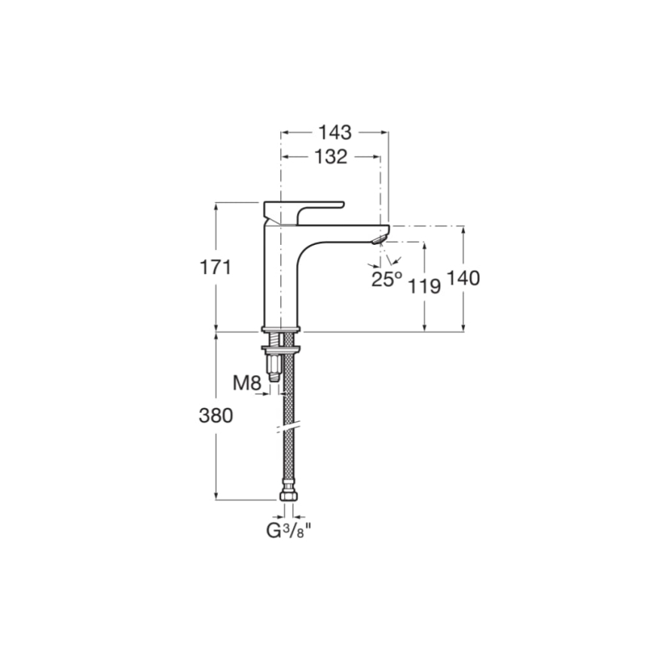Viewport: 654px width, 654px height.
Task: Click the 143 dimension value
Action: click(335, 133)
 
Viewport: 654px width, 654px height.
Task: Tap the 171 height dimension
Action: click(215, 267)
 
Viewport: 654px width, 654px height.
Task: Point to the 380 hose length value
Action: click(215, 415)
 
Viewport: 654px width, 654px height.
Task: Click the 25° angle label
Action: click(387, 280)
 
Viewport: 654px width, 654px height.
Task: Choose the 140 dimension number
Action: click(463, 279)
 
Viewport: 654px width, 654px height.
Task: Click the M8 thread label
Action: click(246, 383)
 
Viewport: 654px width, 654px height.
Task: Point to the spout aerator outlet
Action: click(378, 240)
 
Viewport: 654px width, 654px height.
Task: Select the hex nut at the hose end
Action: click(287, 497)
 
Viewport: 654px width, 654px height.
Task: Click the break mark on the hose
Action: click(287, 427)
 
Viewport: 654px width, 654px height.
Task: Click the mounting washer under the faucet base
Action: click(281, 347)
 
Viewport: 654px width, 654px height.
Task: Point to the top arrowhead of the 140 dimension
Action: click(463, 228)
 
